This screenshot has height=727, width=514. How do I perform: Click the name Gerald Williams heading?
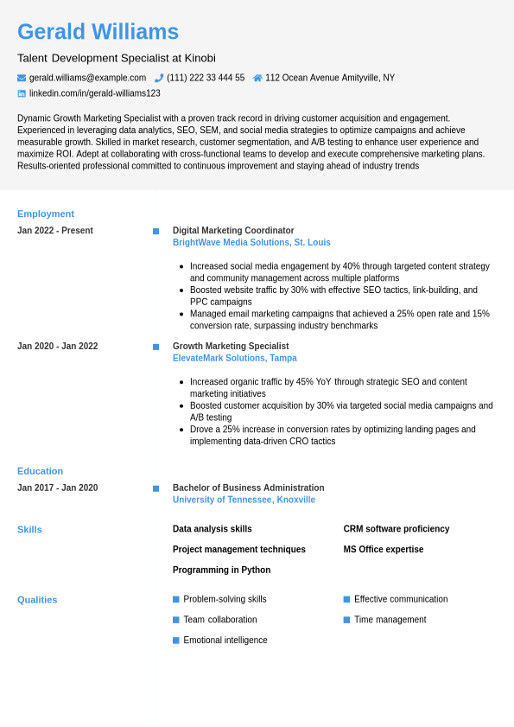(98, 32)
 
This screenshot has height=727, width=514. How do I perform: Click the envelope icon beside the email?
(22, 78)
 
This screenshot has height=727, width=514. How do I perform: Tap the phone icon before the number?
(159, 78)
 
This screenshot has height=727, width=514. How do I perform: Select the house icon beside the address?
(257, 78)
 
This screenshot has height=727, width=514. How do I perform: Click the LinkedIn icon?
(22, 93)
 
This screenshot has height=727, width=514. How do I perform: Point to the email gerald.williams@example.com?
(87, 78)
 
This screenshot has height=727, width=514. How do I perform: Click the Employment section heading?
(46, 214)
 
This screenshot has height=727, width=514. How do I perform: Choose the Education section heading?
(40, 471)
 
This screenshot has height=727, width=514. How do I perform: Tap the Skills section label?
(29, 529)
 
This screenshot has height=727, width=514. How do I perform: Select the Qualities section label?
(37, 599)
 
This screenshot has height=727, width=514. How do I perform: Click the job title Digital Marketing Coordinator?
(233, 231)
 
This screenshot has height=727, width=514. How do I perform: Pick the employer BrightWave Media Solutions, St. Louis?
(251, 243)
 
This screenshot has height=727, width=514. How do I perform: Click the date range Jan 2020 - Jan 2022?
(57, 347)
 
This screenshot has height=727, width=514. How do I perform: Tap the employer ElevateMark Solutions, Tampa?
(234, 358)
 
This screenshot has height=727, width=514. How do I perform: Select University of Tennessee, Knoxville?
(244, 500)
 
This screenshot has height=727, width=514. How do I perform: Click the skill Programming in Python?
(221, 570)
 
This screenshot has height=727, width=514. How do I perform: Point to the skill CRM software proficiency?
(396, 529)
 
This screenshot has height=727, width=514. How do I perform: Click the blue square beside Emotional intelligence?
(176, 641)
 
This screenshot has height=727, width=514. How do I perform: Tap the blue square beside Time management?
(346, 620)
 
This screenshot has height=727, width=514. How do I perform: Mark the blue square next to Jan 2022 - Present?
(155, 231)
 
